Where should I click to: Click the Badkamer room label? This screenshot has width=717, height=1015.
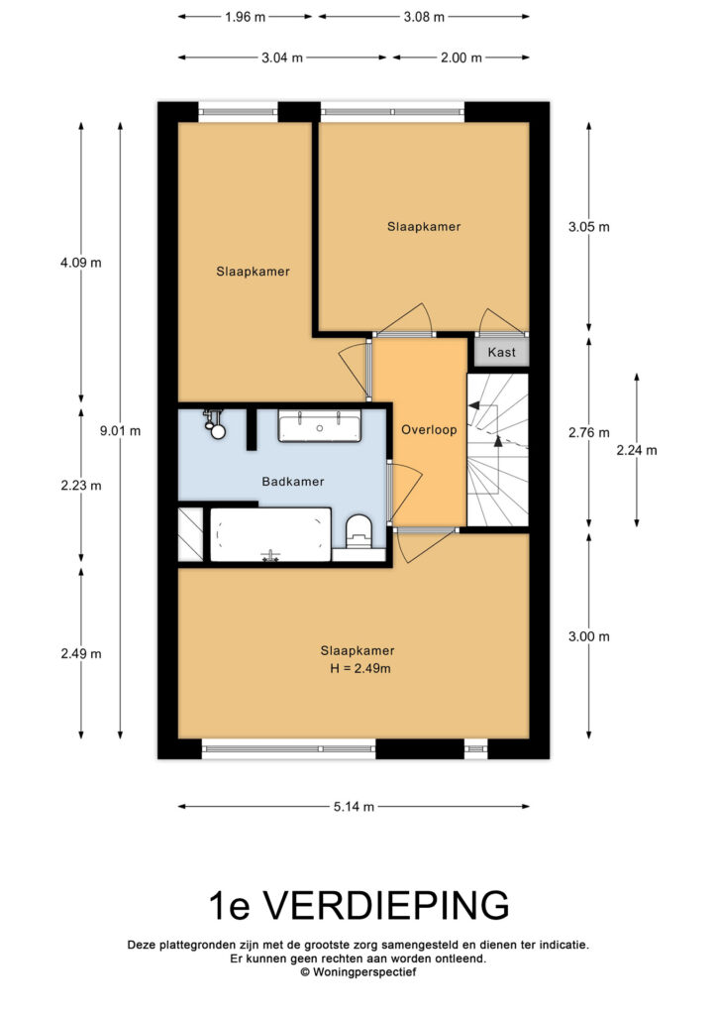(292, 482)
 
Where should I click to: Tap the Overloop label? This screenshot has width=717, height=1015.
(429, 430)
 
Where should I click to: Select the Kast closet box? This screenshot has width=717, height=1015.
(502, 352)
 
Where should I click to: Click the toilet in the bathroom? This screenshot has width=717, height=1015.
(358, 530)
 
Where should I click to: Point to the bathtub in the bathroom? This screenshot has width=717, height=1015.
(270, 534)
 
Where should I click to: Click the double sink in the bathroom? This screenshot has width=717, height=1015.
(320, 426)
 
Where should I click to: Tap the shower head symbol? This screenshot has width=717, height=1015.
(215, 424)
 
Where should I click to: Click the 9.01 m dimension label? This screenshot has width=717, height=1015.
(120, 431)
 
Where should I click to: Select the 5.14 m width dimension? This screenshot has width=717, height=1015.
(354, 807)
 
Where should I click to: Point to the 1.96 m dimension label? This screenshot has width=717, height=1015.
(245, 17)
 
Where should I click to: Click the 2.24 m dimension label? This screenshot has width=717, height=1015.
(637, 451)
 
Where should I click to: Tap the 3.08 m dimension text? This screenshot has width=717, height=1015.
(424, 17)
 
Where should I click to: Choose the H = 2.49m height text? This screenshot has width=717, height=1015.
(360, 669)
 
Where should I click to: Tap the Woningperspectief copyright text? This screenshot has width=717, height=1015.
(358, 971)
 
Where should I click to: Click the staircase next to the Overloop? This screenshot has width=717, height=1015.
(498, 450)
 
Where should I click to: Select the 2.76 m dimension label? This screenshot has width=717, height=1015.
(589, 433)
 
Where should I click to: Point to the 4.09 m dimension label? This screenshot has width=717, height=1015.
(81, 263)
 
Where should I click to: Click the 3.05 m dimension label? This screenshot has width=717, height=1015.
(589, 227)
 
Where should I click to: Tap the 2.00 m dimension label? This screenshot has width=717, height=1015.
(461, 57)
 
